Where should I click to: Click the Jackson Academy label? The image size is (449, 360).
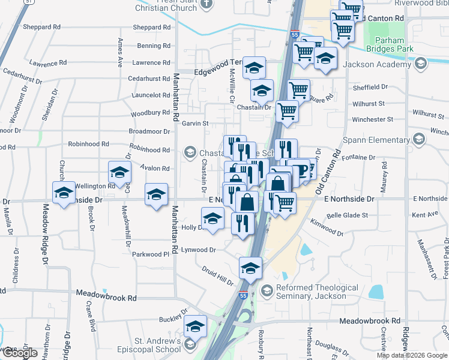376,64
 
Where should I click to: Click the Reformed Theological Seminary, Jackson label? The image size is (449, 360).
311,292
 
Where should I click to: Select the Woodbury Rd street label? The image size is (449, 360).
149,112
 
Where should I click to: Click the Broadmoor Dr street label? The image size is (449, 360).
149,131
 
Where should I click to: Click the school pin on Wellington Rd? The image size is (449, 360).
120,173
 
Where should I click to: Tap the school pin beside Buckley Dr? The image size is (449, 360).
194,326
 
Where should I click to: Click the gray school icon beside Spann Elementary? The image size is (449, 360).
419,140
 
